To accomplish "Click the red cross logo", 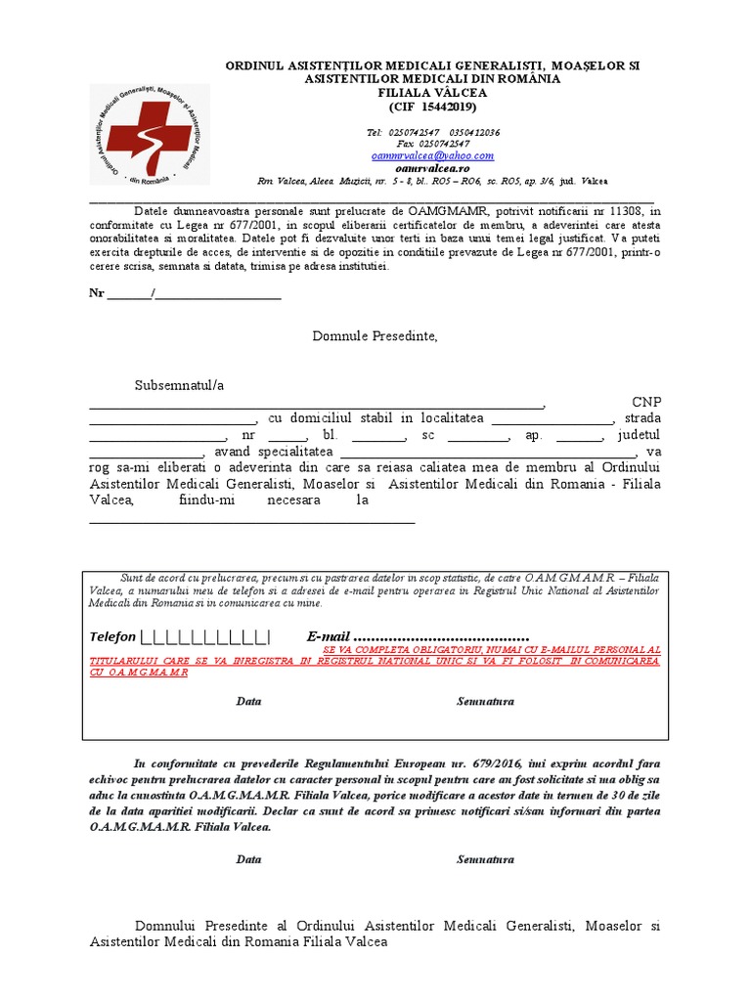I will coord(150,135).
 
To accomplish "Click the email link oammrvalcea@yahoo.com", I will coord(432,155).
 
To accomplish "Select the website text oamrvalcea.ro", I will coord(432,168).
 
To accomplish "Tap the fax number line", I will coord(432,144).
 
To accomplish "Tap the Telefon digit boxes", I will coord(205,637).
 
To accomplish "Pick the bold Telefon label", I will coord(112,637).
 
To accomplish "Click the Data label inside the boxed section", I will coord(248,702).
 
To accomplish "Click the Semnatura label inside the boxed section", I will coord(485,702).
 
